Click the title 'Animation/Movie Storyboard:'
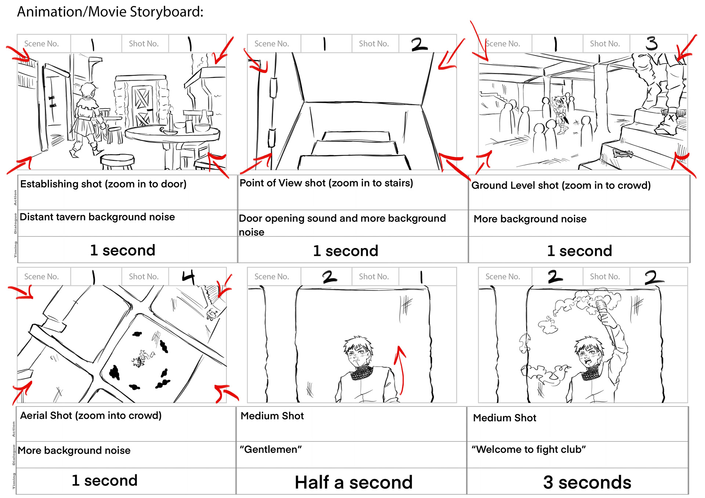(x=110, y=12)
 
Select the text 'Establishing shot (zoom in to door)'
(x=103, y=183)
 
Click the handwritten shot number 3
(x=652, y=43)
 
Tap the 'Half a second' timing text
(x=354, y=482)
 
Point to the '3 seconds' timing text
(x=587, y=482)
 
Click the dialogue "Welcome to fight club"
(x=528, y=449)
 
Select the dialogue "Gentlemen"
(x=271, y=449)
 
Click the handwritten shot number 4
(x=188, y=277)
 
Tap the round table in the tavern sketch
(x=173, y=135)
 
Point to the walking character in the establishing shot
(x=87, y=117)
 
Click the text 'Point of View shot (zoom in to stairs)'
(x=326, y=183)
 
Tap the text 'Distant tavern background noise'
(x=97, y=217)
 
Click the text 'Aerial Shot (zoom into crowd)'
(x=91, y=415)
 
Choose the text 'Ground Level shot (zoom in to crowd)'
(x=561, y=185)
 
